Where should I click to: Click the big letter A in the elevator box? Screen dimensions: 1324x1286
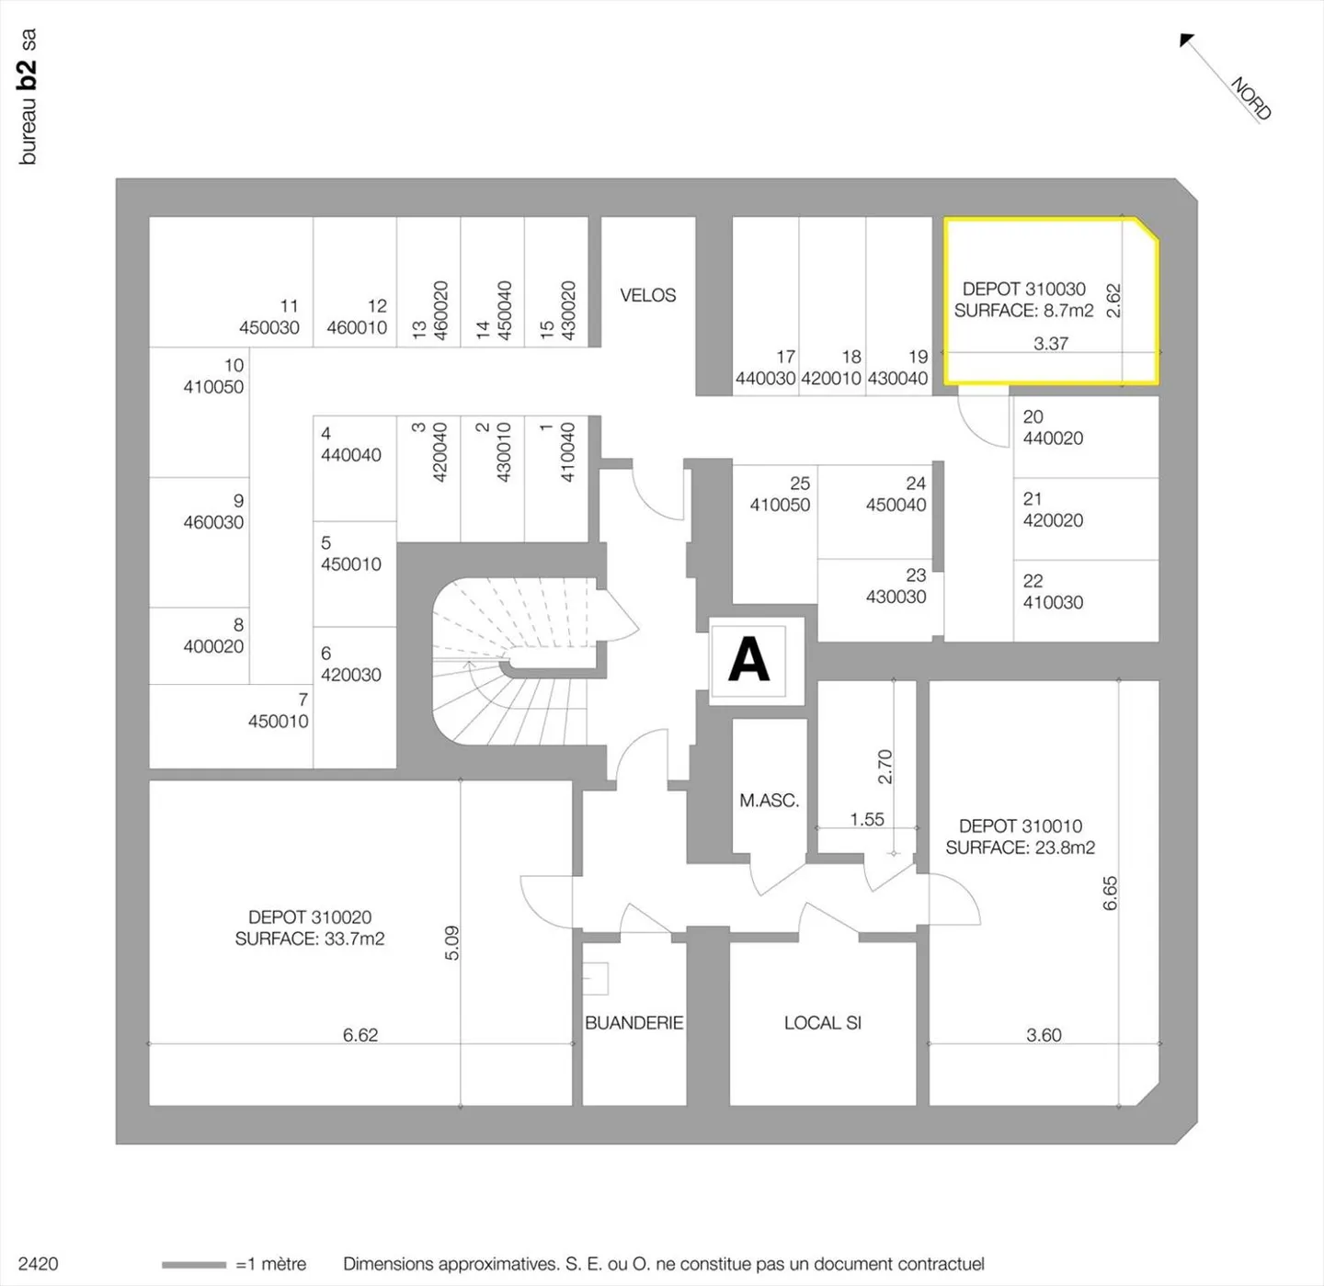pos(748,659)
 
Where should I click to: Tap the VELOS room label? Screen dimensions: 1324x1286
pos(647,295)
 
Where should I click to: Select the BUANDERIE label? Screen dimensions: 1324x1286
pos(634,1023)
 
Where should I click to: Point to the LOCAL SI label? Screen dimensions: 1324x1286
pos(823,1023)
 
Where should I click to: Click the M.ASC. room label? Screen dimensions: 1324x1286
pos(770,801)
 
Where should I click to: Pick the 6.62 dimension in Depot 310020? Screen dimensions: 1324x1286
pos(360,1035)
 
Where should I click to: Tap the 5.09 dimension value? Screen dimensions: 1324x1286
pos(451,942)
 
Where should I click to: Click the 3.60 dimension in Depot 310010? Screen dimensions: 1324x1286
pos(1044,1035)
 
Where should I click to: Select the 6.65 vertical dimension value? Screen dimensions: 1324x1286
pos(1110,893)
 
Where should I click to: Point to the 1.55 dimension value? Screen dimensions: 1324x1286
pos(867,819)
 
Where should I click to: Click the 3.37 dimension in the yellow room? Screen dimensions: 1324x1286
pos(1051,344)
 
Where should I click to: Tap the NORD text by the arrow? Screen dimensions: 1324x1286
pos(1250,99)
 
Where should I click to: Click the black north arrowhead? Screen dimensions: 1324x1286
pos(1187,40)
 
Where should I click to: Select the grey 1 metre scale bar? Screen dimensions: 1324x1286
pos(194,1264)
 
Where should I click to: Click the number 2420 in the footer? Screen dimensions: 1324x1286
pos(38,1264)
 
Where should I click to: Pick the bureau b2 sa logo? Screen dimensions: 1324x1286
pos(28,97)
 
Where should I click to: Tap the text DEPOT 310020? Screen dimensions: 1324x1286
pos(310,917)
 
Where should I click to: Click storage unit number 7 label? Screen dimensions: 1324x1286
pos(302,700)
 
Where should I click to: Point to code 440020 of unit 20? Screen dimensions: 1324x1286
pos(1053,438)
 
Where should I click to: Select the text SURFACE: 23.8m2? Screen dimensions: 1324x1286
pos(1020,848)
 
